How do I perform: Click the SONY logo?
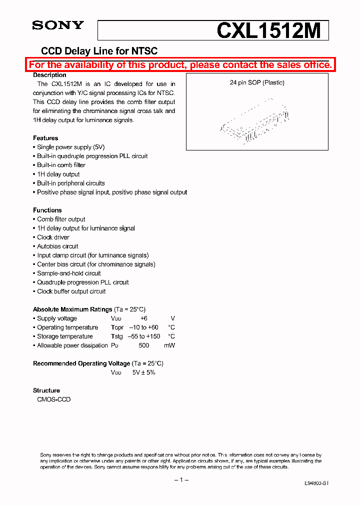pos(58,25)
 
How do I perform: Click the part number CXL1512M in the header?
pos(268,31)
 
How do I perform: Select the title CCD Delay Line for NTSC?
pos(99,51)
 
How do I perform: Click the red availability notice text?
pos(180,65)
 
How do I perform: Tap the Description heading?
pos(49,75)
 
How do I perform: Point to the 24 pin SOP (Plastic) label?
pos(257,82)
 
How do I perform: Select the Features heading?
pos(45,138)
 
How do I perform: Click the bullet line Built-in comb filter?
pos(61,165)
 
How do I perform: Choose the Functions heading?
pos(47,210)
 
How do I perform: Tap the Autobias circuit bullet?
pos(57,246)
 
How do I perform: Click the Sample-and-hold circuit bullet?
pos(69,273)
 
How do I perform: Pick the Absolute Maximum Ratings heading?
pos(72,309)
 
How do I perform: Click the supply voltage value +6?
pos(143,318)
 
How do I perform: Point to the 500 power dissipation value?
pos(144,345)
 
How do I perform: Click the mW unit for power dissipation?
pos(170,345)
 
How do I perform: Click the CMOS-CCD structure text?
pos(53,399)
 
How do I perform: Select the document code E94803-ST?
pos(316,484)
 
